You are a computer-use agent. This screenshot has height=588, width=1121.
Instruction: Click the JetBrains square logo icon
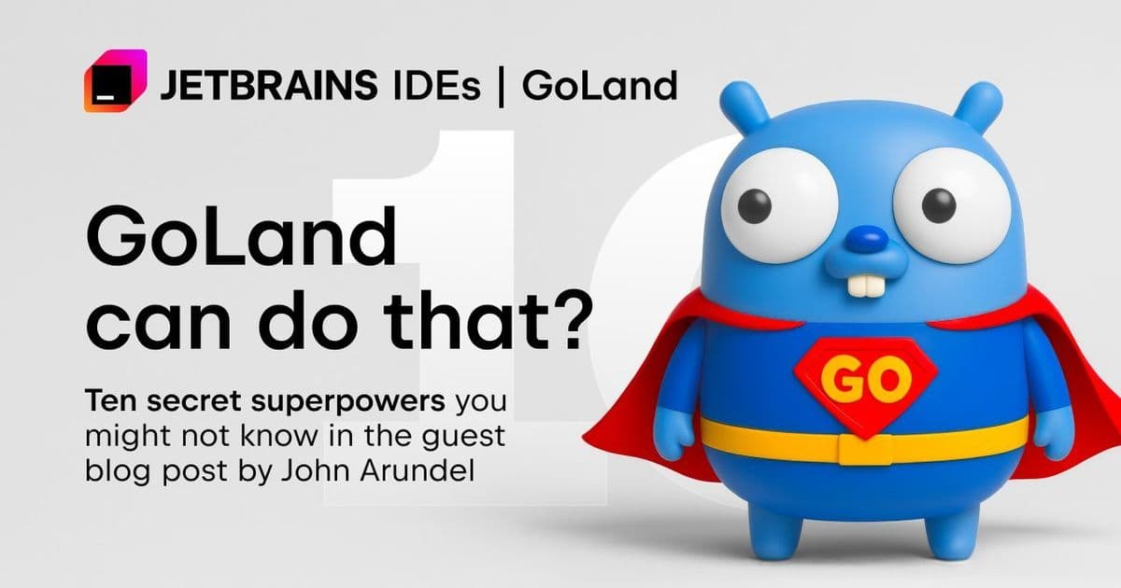[x=116, y=81]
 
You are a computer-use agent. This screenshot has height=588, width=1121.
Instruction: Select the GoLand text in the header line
[x=599, y=86]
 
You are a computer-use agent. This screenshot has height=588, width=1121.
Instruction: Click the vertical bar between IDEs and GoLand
[x=502, y=86]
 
